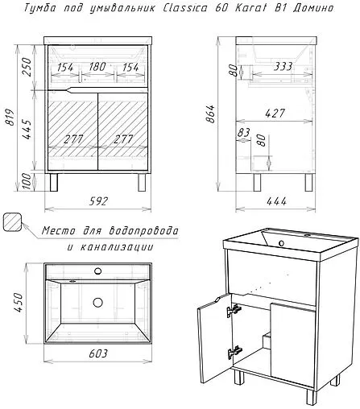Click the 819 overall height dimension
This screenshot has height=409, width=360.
click(x=10, y=118)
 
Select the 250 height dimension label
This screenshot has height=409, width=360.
click(x=27, y=67)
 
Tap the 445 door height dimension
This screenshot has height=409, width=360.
click(x=27, y=130)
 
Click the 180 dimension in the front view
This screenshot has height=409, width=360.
click(x=97, y=67)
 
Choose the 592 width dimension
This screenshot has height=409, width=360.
click(x=98, y=201)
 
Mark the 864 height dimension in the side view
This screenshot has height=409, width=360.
click(x=212, y=114)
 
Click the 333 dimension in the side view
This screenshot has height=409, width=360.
click(x=283, y=66)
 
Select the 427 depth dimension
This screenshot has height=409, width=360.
click(x=275, y=114)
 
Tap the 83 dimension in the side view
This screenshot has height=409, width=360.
click(x=244, y=132)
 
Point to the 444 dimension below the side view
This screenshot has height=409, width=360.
click(x=276, y=201)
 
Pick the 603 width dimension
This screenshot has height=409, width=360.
click(x=98, y=353)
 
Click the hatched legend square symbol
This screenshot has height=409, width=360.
click(x=12, y=221)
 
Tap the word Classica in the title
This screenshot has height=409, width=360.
click(x=185, y=8)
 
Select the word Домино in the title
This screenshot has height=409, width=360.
click(x=313, y=8)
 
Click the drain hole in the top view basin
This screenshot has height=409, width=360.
click(x=98, y=303)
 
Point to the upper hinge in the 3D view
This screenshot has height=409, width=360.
click(x=234, y=311)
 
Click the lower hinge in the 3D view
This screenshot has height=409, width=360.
click(x=235, y=353)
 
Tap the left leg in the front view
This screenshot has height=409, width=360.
click(x=54, y=183)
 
